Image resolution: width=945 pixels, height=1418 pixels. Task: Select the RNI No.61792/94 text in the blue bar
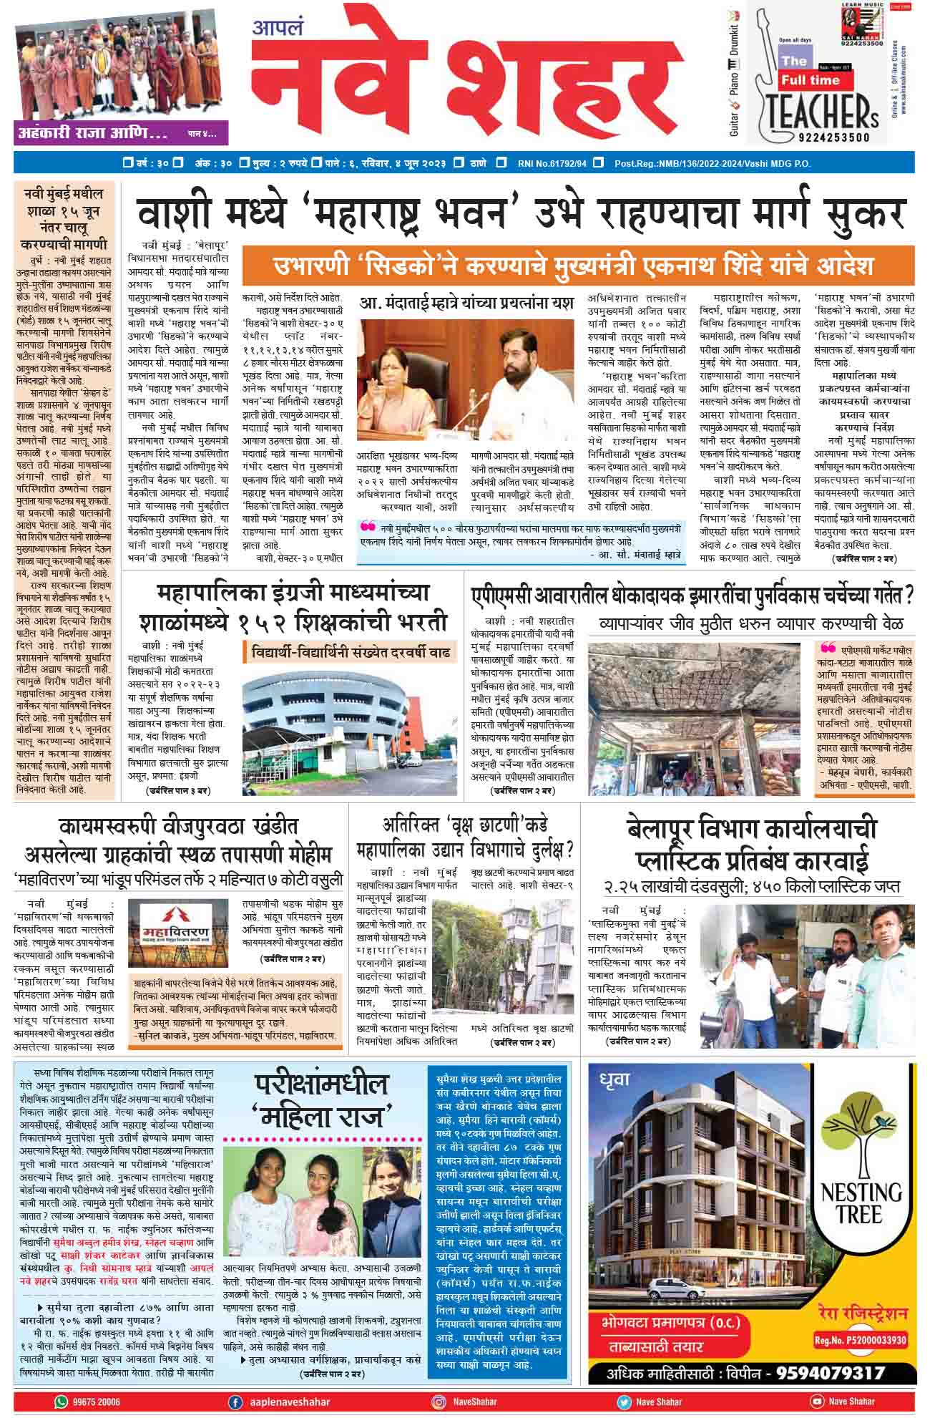(552, 164)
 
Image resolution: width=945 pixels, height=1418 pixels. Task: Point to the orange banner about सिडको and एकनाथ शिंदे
(577, 266)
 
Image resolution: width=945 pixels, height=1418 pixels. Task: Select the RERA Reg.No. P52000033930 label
(861, 1340)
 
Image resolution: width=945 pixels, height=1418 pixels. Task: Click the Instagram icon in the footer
(439, 1402)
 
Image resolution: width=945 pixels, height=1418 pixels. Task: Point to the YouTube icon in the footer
(817, 1402)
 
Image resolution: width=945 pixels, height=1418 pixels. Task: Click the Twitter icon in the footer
(624, 1402)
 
